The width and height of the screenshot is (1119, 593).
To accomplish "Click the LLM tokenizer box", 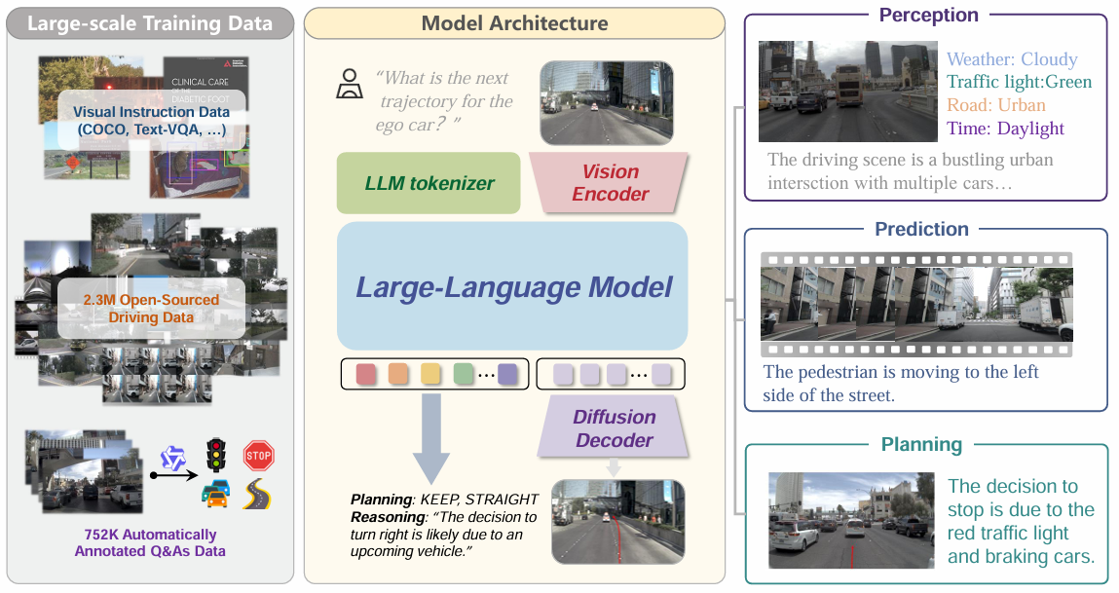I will coord(428,183).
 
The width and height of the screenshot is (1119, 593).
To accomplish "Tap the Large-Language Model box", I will coord(513,286).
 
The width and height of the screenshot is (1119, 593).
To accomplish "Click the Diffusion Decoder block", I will coord(614,428).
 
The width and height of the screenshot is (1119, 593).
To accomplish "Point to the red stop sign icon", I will coord(258,455).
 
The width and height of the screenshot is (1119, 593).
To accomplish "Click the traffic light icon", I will coord(215,455).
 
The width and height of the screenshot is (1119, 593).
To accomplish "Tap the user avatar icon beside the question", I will coord(349,86).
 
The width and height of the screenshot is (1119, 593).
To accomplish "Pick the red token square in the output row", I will coord(366,374).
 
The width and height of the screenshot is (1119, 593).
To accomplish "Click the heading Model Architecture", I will coord(514,23).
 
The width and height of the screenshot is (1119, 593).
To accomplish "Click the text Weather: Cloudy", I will coord(1012,59).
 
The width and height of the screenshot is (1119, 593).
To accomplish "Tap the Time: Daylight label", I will coord(1005,129).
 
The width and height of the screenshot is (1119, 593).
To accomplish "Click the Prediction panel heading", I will coord(921,229).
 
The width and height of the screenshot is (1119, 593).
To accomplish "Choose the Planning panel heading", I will coord(921,445).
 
